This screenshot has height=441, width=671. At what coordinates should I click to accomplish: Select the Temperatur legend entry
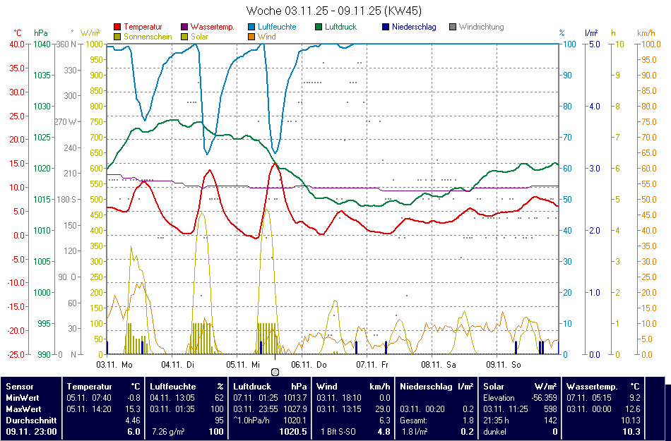click(x=141, y=27)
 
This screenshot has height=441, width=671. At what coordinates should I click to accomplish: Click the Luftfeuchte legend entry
click(x=276, y=27)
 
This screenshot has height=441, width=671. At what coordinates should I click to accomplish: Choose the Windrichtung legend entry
click(x=481, y=27)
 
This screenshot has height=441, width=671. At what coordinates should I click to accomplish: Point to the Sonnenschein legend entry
click(x=148, y=36)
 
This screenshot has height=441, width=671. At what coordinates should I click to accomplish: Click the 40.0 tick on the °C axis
click(x=17, y=44)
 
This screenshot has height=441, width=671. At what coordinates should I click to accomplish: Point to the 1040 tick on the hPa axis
click(x=42, y=44)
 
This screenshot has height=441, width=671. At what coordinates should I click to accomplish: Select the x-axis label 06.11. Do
click(x=309, y=365)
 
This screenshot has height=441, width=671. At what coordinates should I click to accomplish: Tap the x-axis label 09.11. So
click(x=504, y=365)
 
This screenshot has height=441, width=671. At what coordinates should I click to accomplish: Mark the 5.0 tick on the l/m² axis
click(x=594, y=44)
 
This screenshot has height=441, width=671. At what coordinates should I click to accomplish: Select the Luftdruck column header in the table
click(x=252, y=387)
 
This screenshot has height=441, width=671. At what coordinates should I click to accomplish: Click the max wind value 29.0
click(x=383, y=409)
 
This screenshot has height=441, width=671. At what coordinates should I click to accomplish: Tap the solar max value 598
click(x=550, y=409)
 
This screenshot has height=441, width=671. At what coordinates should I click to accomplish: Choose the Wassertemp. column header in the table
click(x=592, y=387)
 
